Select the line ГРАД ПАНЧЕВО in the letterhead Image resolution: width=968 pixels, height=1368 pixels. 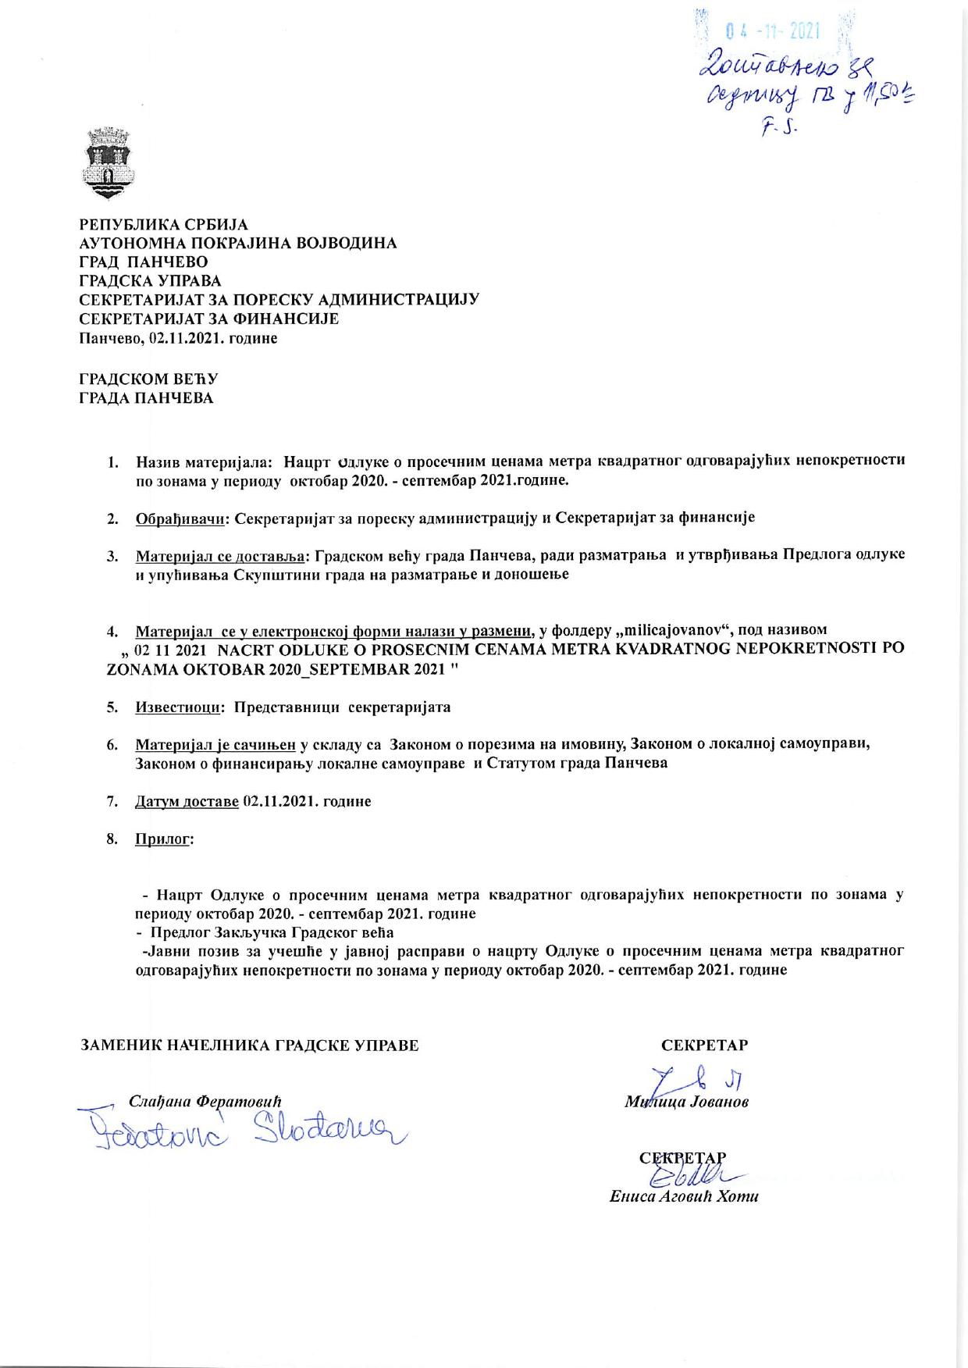pyautogui.click(x=144, y=262)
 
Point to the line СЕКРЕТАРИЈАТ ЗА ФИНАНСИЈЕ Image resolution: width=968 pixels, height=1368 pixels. pyautogui.click(x=209, y=319)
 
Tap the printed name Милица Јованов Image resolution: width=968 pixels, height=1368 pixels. pyautogui.click(x=687, y=1103)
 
